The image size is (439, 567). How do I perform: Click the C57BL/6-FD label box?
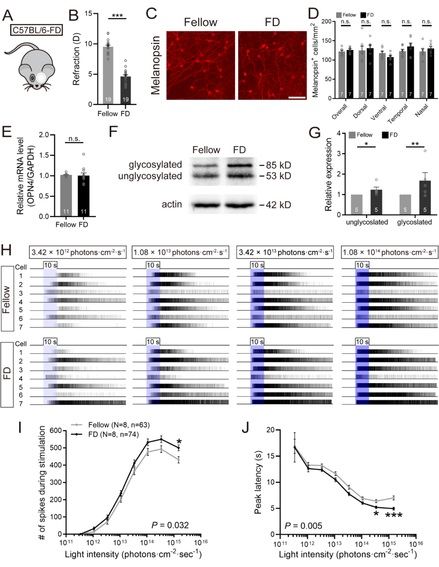click(37, 30)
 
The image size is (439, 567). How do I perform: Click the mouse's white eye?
click(41, 77)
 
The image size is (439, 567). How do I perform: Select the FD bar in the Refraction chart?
click(126, 90)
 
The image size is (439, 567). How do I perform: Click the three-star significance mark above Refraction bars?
click(117, 16)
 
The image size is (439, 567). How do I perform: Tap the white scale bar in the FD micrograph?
click(297, 98)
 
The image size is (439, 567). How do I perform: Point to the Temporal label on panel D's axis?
click(398, 114)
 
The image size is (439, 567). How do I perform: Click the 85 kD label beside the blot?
click(278, 165)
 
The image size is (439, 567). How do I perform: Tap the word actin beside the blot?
click(172, 204)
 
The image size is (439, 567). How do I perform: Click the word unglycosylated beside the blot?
click(150, 176)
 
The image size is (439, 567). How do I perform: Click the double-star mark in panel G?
click(415, 144)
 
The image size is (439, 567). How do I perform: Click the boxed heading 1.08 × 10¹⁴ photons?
click(390, 252)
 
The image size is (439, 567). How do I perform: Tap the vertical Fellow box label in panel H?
click(7, 299)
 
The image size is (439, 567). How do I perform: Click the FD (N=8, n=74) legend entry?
click(113, 434)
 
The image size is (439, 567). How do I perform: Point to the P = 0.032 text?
click(170, 525)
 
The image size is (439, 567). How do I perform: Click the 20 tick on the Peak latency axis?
click(270, 430)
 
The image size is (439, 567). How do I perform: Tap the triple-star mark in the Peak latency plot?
click(393, 515)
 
